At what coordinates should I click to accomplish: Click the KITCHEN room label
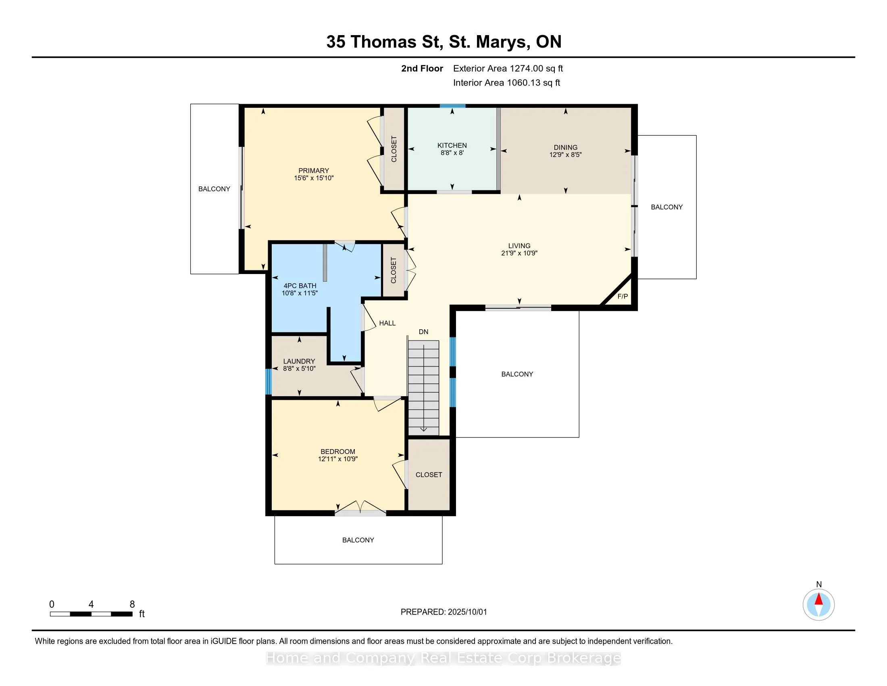452,145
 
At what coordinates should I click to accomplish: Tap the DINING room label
565,147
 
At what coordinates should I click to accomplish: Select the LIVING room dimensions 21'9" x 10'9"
519,253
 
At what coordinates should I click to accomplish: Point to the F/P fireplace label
623,296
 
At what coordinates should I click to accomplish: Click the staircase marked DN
424,387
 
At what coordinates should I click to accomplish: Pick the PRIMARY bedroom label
314,171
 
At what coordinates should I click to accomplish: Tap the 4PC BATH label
300,286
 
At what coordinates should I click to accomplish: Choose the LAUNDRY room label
299,361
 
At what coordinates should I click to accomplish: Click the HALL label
387,323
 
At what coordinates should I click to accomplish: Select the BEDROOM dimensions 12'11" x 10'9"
338,459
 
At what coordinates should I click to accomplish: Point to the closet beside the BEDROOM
429,474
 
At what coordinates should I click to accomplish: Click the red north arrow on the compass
819,599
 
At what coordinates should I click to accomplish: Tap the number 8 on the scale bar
132,604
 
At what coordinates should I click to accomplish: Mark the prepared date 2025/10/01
467,612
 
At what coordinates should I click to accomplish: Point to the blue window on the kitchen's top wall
452,106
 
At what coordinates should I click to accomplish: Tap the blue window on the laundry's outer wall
268,381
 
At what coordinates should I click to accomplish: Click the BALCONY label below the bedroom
358,540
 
